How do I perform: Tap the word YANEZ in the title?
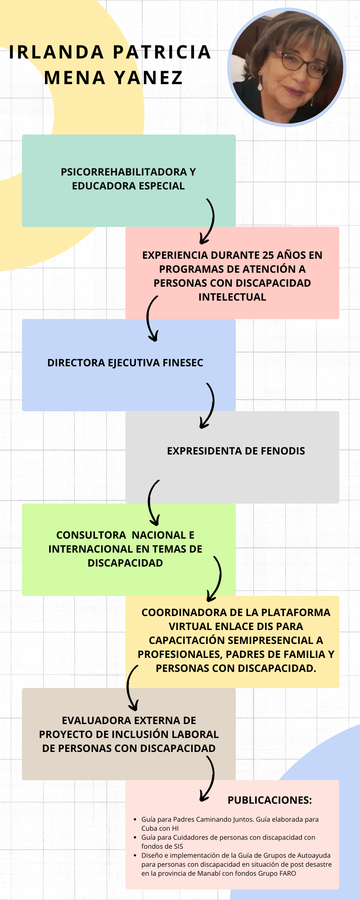(148, 78)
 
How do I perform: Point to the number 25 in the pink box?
(268, 255)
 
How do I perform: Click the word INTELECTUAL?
(232, 297)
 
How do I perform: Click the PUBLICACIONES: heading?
(270, 800)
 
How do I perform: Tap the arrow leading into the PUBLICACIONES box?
(208, 778)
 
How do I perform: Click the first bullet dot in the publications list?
(136, 820)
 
